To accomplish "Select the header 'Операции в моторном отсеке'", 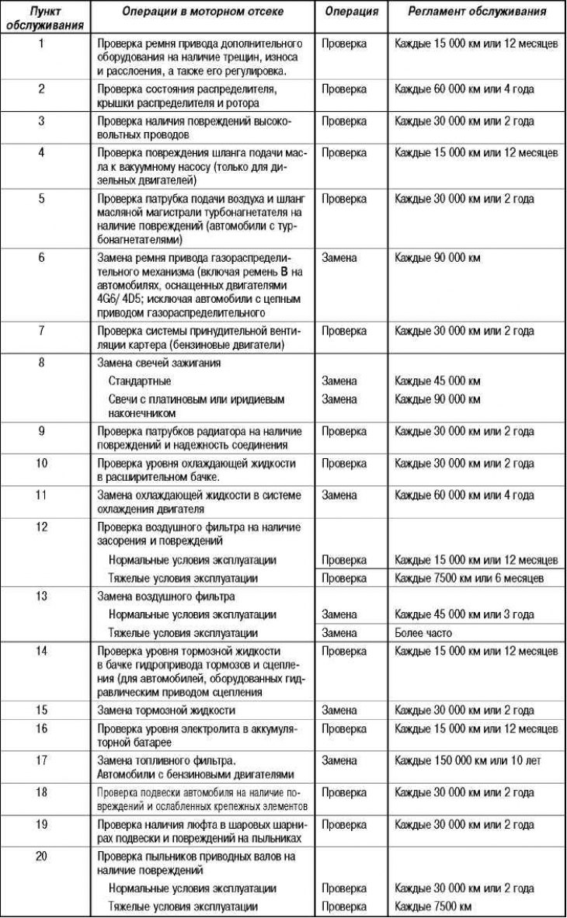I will (x=202, y=12).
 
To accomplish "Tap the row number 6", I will (x=41, y=257).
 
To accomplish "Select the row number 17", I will (x=41, y=760).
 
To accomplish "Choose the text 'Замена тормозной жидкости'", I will (x=166, y=710).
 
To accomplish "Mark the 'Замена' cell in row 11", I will (x=339, y=495).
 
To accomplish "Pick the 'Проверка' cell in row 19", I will (x=344, y=823).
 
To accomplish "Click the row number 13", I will (x=41, y=596).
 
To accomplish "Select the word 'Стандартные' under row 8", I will (x=140, y=381).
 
